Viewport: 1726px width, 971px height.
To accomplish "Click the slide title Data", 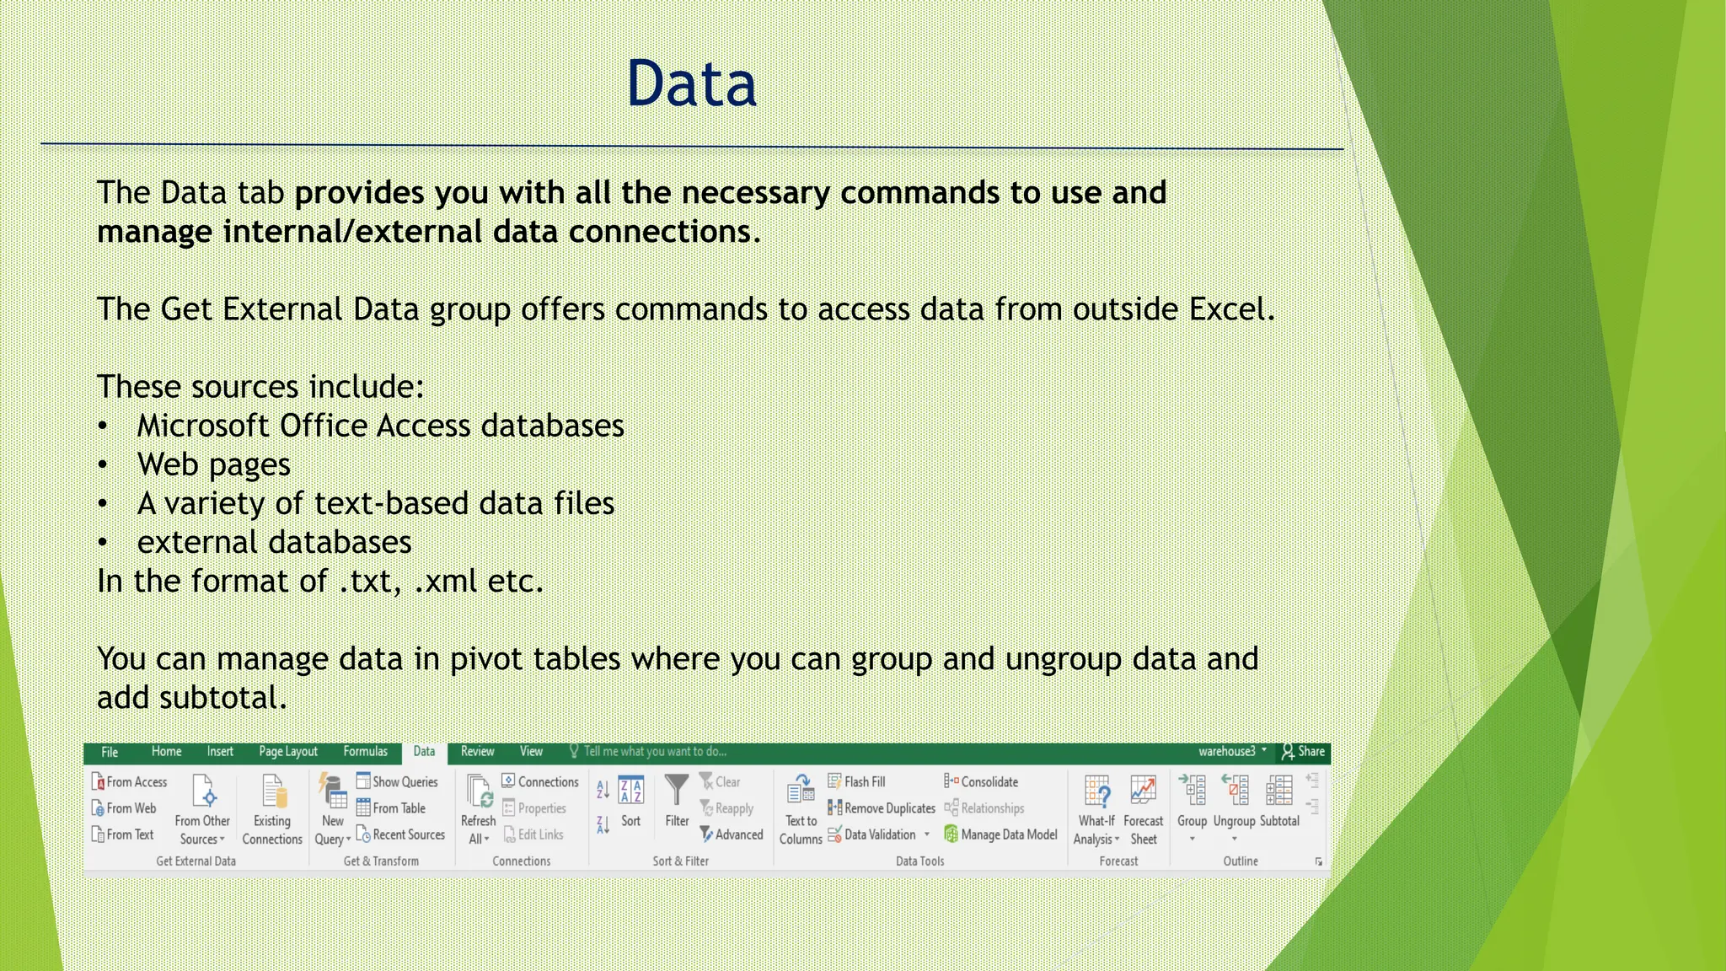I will [691, 84].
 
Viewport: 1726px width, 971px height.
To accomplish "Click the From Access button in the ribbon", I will [130, 782].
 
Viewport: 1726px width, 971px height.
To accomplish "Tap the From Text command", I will [123, 834].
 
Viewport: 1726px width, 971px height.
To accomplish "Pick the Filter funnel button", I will [677, 801].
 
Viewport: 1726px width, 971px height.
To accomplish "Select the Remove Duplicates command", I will [882, 808].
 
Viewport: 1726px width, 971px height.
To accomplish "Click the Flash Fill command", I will [857, 782].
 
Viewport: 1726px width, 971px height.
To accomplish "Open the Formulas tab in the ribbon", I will [365, 752].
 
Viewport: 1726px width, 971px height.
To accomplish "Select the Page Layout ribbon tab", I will [288, 752].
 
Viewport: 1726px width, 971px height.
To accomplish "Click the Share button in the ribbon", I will [1303, 752].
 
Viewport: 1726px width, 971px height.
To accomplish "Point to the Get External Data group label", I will [196, 861].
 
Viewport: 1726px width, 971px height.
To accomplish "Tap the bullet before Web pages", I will [102, 465].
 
